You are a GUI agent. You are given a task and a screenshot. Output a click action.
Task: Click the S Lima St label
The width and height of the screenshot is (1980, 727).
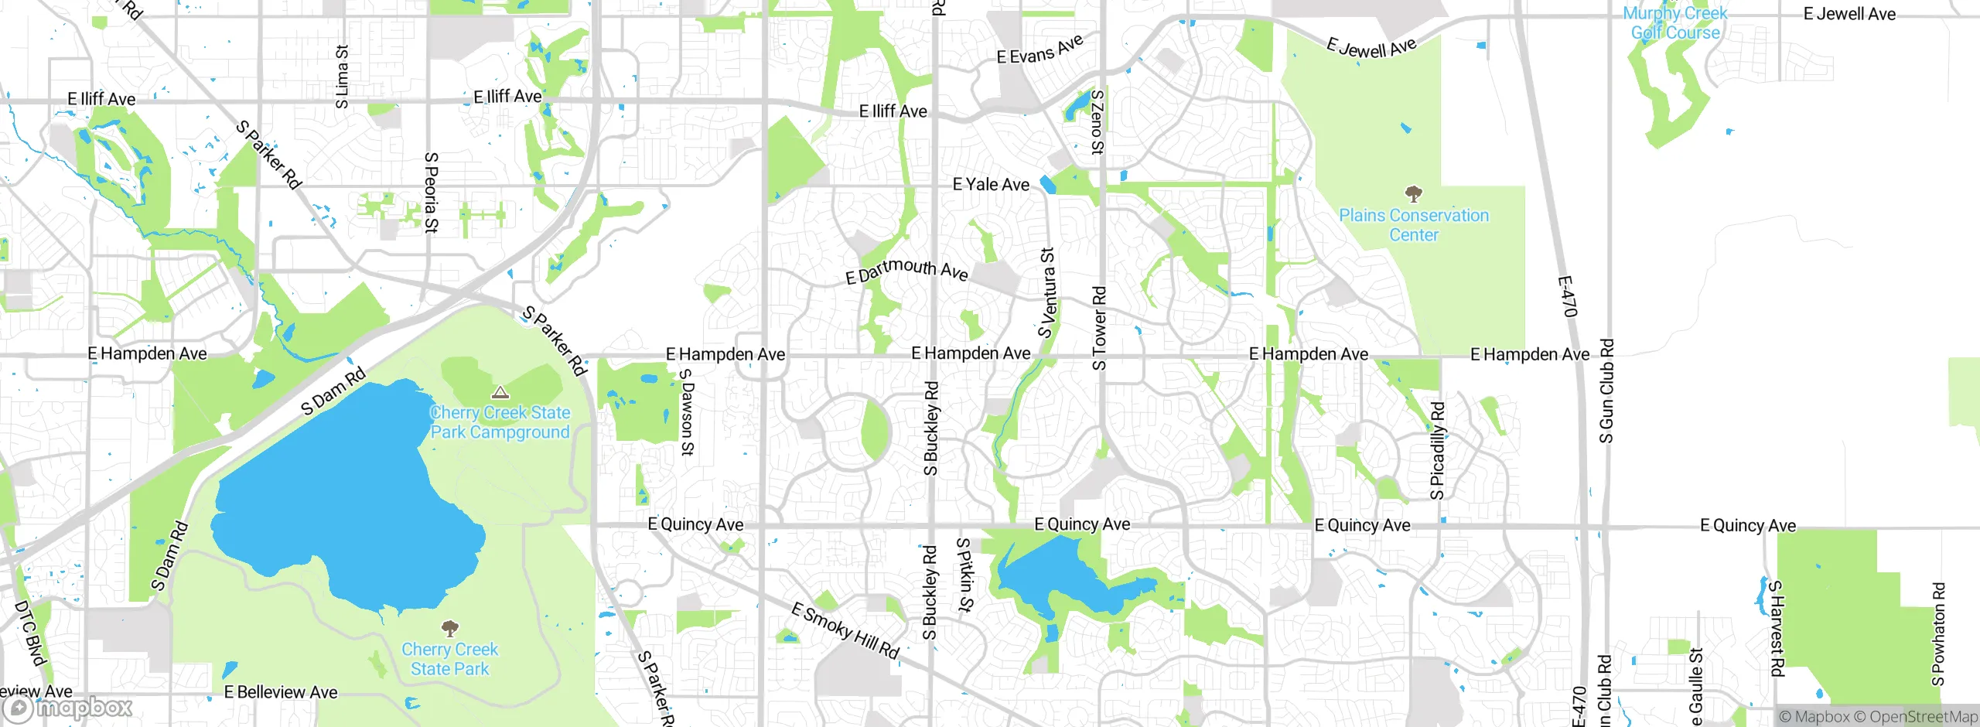[342, 77]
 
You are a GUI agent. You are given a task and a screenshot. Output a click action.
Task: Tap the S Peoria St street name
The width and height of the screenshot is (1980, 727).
[432, 193]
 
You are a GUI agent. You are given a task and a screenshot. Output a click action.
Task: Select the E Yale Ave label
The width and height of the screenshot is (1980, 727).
[991, 185]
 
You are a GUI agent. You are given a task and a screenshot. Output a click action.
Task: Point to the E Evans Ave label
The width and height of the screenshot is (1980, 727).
[1039, 50]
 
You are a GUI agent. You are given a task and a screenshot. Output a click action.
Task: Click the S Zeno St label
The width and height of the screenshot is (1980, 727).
[1097, 122]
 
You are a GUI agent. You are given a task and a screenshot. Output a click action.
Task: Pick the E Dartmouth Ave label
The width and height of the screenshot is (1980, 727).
[906, 270]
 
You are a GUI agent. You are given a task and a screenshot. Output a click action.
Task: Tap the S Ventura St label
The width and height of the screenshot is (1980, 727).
[1046, 293]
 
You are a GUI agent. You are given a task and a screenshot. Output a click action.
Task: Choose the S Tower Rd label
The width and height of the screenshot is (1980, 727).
[1099, 328]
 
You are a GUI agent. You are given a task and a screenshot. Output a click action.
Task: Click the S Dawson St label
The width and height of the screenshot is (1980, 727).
[687, 412]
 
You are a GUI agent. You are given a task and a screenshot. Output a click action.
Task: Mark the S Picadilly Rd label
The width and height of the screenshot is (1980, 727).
[1437, 450]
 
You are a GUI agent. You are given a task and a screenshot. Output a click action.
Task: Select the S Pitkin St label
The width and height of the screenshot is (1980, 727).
[964, 575]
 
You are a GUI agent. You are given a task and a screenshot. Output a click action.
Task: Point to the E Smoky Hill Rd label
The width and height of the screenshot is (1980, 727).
[845, 631]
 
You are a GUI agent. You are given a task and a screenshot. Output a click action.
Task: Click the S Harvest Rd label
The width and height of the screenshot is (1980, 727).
[1777, 628]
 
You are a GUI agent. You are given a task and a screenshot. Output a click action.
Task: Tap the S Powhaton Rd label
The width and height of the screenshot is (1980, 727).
[1938, 633]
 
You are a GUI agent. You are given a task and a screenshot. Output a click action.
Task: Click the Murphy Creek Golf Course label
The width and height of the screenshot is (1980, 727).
[1675, 23]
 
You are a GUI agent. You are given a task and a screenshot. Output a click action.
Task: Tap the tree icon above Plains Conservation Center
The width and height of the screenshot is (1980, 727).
[1413, 193]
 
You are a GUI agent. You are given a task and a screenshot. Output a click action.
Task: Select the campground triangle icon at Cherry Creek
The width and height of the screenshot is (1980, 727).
[500, 393]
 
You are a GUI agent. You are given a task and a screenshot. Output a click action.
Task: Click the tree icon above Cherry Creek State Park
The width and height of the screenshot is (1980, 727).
[449, 628]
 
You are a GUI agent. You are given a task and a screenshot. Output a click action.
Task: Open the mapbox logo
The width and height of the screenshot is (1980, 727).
[68, 708]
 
